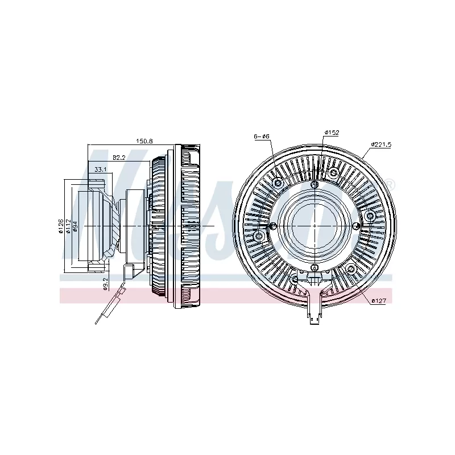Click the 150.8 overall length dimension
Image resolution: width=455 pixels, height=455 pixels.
pos(143,140)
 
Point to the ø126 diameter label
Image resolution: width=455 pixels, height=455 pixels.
pos(60,226)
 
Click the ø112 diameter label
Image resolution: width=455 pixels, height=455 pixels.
pos(67,226)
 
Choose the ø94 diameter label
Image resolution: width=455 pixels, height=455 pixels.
pos(74,226)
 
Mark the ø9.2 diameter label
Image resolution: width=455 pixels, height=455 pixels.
pos(106,283)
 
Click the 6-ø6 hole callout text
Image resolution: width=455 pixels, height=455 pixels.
pos(262,136)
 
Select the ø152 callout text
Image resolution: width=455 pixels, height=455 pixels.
pos(332,133)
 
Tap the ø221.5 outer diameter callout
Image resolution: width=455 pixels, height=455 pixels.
pos(381,144)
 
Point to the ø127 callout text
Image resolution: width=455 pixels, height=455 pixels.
pos(379,300)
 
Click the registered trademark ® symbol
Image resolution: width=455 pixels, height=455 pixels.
pos(390,183)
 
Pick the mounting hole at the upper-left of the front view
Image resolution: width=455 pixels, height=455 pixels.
pos(278,183)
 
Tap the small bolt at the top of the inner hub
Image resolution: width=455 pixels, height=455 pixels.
pos(315,185)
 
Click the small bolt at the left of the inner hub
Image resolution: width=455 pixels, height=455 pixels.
pos(273,227)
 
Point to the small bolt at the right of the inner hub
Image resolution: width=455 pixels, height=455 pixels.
pos(357,227)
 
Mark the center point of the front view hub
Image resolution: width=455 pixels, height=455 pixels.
pos(315,226)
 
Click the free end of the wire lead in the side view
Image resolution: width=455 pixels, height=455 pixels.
pos(97,324)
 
